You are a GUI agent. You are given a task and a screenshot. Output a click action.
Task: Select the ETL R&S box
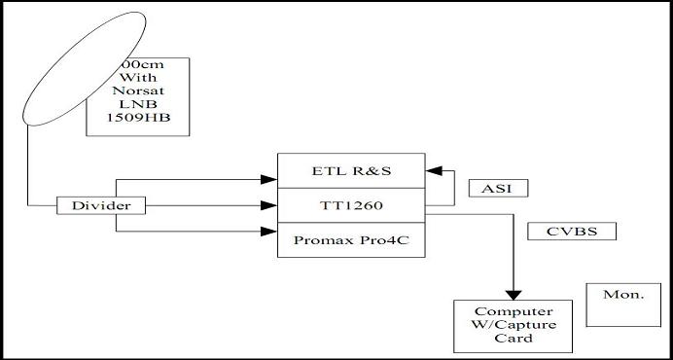click(352, 170)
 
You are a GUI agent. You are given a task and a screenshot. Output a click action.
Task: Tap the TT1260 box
click(352, 205)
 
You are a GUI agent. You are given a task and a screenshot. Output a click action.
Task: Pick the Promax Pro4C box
click(352, 239)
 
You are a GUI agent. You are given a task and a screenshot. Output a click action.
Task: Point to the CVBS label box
click(558, 233)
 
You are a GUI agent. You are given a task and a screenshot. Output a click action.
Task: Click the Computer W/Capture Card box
click(512, 326)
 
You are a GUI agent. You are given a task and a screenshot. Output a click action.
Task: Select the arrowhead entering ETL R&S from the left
click(270, 179)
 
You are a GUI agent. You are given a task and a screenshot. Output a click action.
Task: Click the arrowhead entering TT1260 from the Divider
click(270, 205)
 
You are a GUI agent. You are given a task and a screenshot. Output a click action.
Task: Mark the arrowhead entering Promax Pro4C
click(270, 232)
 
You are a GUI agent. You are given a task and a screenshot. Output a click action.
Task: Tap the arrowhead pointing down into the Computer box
click(512, 291)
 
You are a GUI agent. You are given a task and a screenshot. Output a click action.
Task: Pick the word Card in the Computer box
click(512, 339)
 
